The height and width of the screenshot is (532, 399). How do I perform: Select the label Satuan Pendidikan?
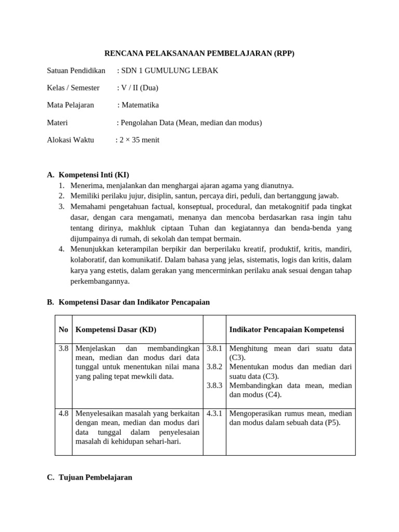click(76, 71)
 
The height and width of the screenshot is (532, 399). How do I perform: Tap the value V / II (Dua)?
click(139, 88)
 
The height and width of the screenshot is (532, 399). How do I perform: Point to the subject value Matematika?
click(140, 105)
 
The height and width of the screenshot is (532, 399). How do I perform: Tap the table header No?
click(63, 330)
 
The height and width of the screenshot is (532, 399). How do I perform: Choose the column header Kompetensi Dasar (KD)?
click(116, 330)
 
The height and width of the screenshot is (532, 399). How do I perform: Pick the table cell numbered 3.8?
click(63, 348)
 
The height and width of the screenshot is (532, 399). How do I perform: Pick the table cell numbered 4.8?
click(63, 414)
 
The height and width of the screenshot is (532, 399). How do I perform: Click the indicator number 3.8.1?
click(214, 348)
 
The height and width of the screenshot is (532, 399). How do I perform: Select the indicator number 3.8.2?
click(214, 367)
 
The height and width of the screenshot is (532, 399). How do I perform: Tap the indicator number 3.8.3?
click(214, 385)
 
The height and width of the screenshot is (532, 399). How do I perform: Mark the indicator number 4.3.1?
click(214, 414)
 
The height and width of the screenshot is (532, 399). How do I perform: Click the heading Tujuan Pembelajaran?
click(96, 477)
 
